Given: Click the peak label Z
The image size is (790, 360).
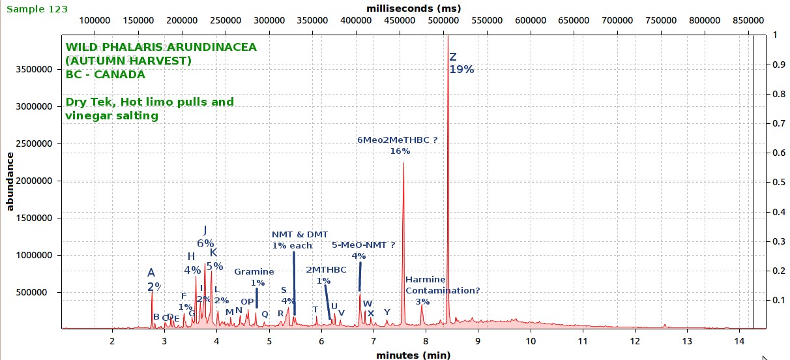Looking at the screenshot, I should (453, 57).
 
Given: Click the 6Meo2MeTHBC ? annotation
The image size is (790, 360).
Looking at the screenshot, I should (396, 140).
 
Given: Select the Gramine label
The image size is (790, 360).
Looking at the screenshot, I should (254, 271).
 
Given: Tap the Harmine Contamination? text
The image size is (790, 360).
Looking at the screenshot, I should (442, 286).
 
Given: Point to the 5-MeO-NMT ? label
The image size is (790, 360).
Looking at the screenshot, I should (364, 245).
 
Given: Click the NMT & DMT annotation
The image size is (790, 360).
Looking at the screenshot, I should (300, 234).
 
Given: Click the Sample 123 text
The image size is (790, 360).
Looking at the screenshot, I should (37, 9).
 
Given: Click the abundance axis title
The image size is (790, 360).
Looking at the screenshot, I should (10, 181).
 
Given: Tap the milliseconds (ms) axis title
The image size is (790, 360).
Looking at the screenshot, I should (413, 8).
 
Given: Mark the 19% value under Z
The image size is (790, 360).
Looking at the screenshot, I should (461, 70).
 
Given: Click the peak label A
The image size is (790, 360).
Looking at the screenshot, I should (151, 273).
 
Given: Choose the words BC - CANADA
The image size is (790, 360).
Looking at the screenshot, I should (105, 74).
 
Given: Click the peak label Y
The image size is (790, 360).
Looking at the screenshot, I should (387, 312).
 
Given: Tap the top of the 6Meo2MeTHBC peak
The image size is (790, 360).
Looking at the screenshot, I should (403, 164).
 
